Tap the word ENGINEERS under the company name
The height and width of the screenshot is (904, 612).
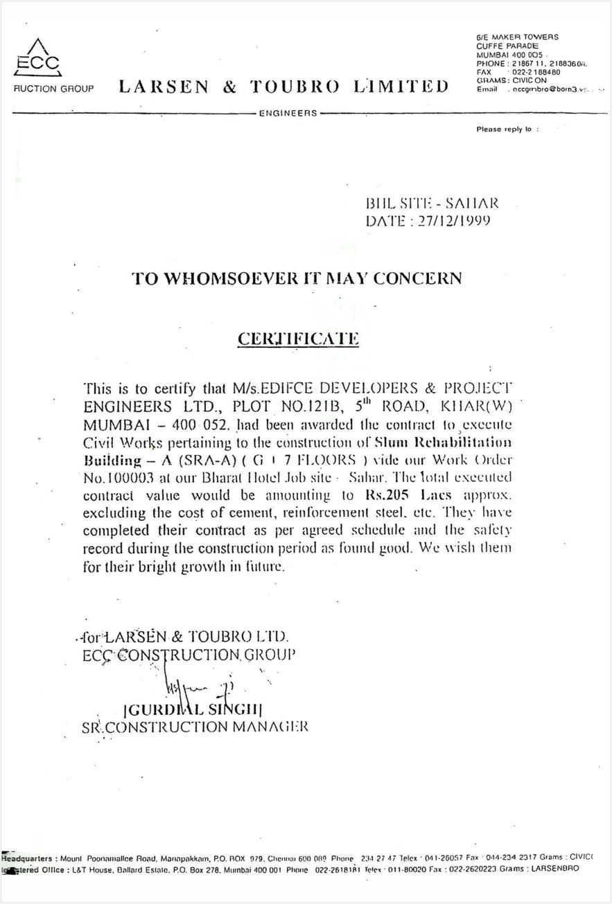pyautogui.click(x=288, y=112)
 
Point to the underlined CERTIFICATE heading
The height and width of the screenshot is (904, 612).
pyautogui.click(x=298, y=339)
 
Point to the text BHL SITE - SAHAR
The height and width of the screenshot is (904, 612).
pyautogui.click(x=431, y=203)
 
